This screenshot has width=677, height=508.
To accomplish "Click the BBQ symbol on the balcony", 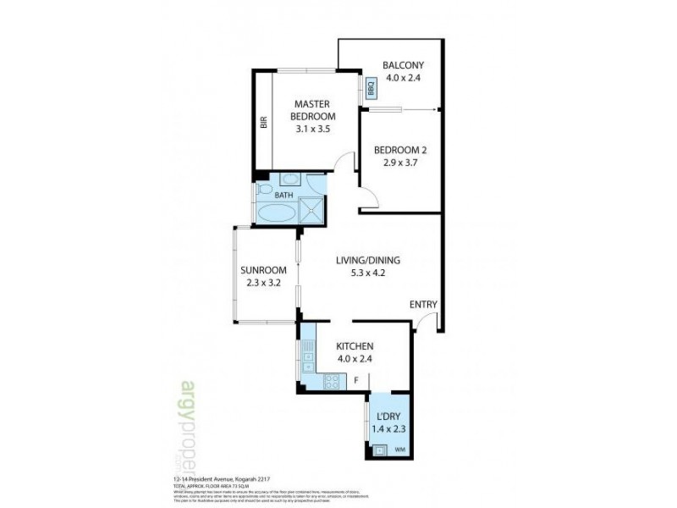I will click(x=372, y=87).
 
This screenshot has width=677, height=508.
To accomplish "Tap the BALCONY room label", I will click(x=402, y=65).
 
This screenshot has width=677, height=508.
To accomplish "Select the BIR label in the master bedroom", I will click(x=264, y=122).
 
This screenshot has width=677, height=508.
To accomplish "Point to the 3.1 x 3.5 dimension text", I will click(x=312, y=130).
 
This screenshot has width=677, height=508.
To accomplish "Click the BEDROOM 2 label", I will click(x=400, y=151).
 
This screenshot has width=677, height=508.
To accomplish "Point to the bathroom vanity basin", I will click(x=289, y=179).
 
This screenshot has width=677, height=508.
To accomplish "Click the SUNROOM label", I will click(x=263, y=270).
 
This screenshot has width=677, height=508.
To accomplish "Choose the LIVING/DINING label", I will click(x=368, y=260).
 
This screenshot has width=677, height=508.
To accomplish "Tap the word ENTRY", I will click(x=423, y=305).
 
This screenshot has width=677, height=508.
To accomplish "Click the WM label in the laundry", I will click(x=399, y=449).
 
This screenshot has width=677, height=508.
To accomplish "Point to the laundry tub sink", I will click(x=380, y=450).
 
